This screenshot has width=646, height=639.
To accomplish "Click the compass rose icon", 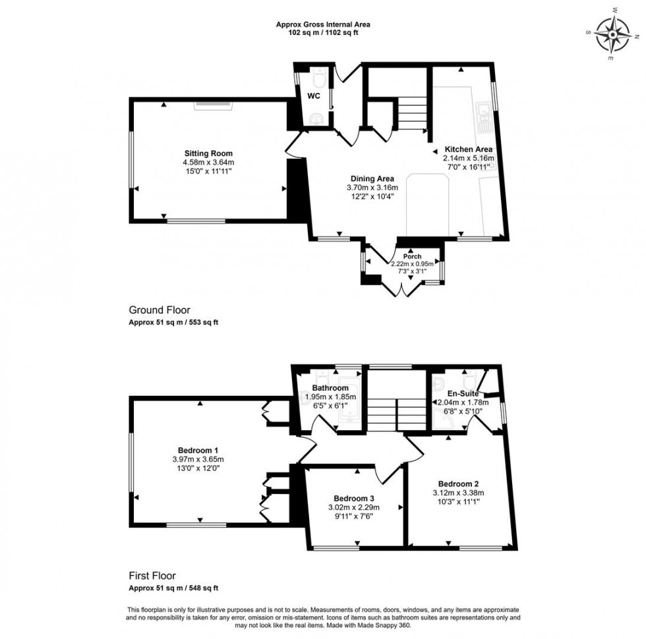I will click(x=612, y=35).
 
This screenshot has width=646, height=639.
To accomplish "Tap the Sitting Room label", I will click(x=208, y=153).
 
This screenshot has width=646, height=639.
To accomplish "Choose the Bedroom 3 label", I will click(x=355, y=497).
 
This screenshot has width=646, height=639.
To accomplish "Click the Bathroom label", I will click(x=330, y=388).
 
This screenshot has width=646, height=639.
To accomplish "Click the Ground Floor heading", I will click(x=160, y=310).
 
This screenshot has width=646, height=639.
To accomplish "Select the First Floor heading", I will click(x=152, y=575).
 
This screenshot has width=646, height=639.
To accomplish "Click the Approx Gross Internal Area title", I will click(x=322, y=24).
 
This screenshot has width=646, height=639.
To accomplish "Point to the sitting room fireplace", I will click(x=212, y=103).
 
